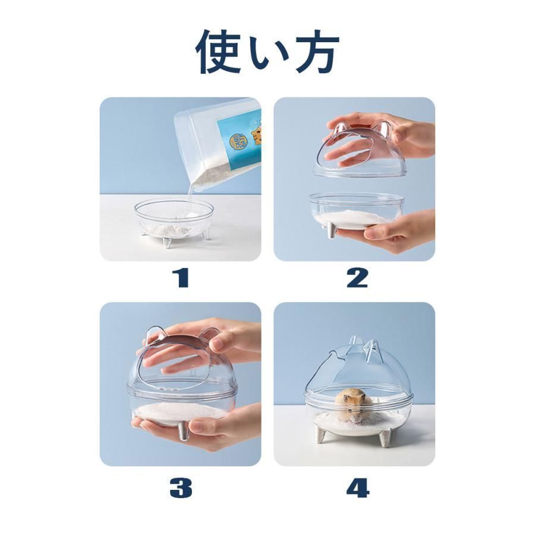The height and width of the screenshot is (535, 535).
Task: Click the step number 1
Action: click(x=181, y=278)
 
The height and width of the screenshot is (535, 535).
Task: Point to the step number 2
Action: click(x=357, y=278)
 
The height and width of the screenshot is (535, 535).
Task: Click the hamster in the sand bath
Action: click(x=354, y=407)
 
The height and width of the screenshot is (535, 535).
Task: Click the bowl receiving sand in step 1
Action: click(x=174, y=221)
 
